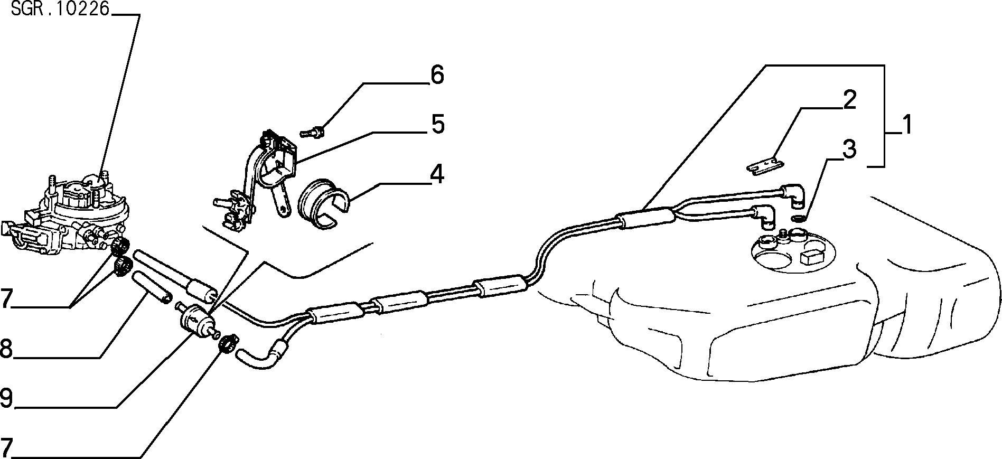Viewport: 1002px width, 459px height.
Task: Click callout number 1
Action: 906,126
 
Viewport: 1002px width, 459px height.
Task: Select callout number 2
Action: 849,100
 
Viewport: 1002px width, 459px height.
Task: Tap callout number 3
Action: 849,149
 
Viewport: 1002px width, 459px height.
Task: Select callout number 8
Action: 6,349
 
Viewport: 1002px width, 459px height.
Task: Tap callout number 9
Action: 6,398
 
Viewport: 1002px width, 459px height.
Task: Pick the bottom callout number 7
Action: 6,448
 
